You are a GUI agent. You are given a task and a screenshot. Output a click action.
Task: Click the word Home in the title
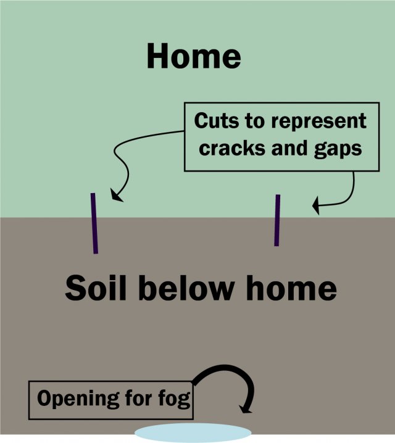tap(193, 56)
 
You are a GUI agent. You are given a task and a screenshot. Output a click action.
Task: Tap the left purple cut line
tap(94, 223)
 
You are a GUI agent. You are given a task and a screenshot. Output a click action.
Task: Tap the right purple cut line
tap(277, 220)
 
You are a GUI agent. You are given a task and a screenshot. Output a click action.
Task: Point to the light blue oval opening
tap(193, 431)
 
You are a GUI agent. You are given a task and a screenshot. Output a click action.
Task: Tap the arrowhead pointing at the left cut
tap(115, 196)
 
